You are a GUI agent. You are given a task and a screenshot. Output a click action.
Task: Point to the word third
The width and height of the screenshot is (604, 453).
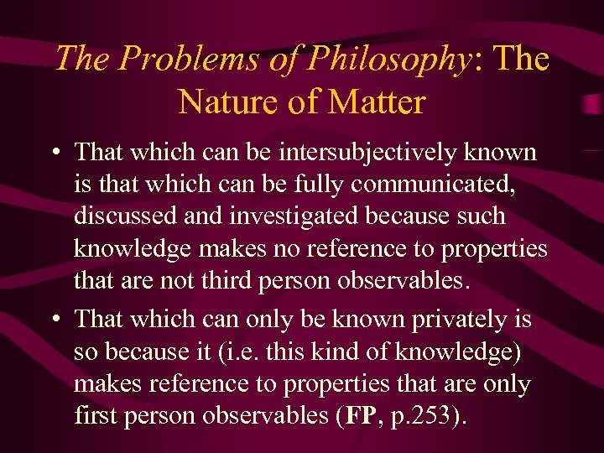226,279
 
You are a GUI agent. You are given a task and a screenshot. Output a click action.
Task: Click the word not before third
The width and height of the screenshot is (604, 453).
182,279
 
